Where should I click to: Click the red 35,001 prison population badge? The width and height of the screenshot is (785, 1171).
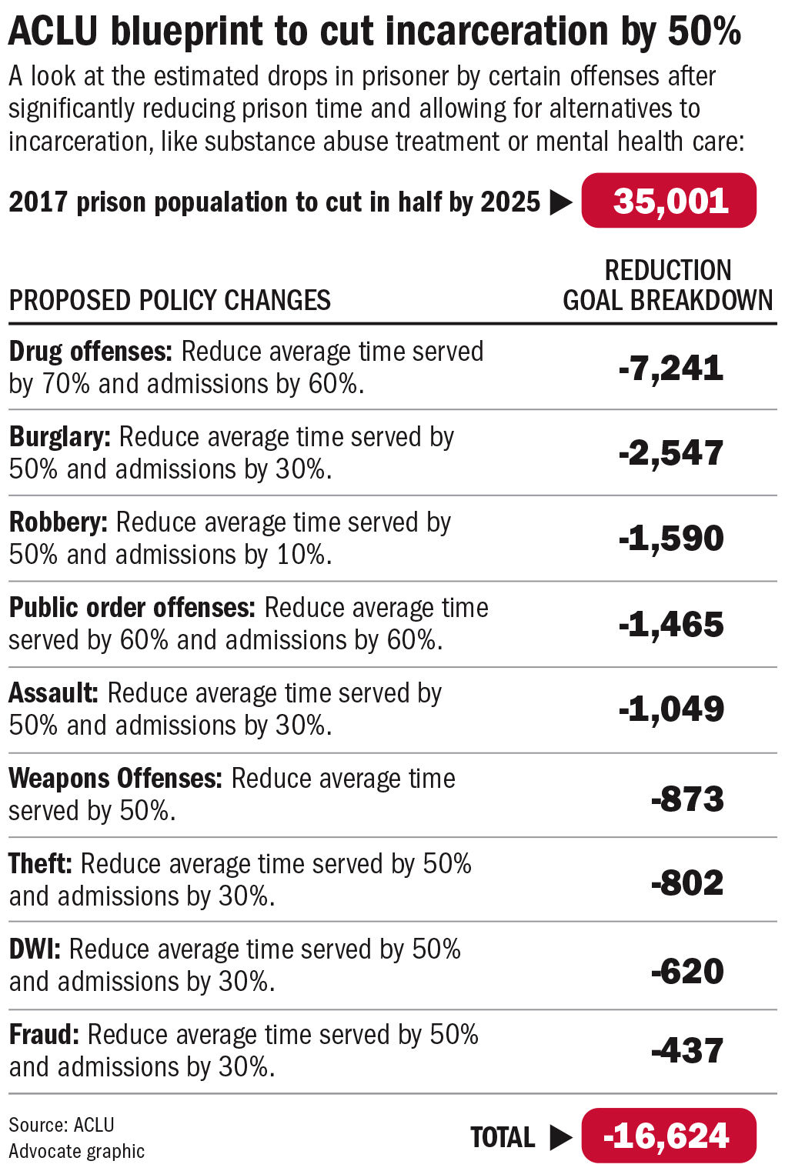(669, 201)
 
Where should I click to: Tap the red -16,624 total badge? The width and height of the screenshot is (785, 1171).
(669, 1136)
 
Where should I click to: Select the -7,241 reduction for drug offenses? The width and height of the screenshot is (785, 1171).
(671, 368)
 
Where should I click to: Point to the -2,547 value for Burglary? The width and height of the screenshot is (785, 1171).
(671, 452)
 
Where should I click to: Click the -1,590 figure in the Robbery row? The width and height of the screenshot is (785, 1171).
(671, 538)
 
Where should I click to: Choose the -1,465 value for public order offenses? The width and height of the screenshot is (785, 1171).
(671, 624)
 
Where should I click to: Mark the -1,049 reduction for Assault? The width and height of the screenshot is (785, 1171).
(671, 709)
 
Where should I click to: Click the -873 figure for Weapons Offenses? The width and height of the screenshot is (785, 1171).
(687, 799)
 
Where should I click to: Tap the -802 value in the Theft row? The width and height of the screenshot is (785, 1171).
(687, 882)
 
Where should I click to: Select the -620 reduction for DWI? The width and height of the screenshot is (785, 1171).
(687, 971)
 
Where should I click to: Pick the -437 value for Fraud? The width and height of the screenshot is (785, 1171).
(687, 1050)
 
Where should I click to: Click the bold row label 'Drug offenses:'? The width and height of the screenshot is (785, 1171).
(91, 352)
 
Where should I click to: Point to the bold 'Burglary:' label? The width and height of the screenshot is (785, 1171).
(60, 437)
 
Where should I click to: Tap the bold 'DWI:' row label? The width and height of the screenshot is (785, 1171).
(35, 949)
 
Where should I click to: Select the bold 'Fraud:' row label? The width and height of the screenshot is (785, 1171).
(44, 1035)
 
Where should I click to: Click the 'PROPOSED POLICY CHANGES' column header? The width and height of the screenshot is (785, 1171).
(169, 300)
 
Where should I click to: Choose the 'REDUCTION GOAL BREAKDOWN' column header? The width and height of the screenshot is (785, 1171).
(667, 285)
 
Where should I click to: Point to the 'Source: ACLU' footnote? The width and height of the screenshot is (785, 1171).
(62, 1125)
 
